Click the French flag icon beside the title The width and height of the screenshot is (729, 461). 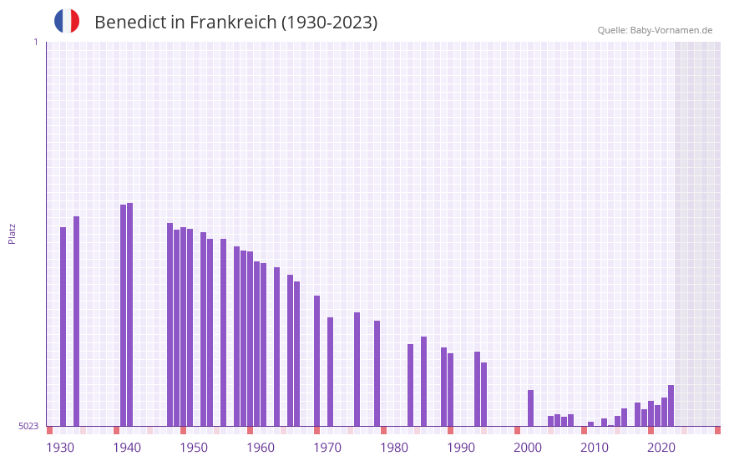67,21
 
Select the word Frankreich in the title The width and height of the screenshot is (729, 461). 233,23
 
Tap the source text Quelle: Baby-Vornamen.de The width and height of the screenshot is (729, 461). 655,30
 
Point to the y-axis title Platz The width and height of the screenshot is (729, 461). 12,233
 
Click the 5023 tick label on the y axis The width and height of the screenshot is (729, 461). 28,426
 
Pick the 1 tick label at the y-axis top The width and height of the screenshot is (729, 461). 35,42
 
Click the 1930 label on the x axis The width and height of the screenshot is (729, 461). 60,448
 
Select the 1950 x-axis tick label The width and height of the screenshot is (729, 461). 194,448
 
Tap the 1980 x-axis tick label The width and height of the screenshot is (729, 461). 394,448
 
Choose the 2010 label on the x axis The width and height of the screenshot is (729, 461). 595,448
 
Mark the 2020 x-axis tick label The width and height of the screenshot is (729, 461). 661,448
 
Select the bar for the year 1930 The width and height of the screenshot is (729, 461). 63,326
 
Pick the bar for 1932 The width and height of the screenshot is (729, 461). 76,321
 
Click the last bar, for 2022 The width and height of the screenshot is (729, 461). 671,405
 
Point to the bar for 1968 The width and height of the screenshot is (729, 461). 316,360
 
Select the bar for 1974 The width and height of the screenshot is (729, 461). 357,368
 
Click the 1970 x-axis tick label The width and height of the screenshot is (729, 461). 327,448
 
